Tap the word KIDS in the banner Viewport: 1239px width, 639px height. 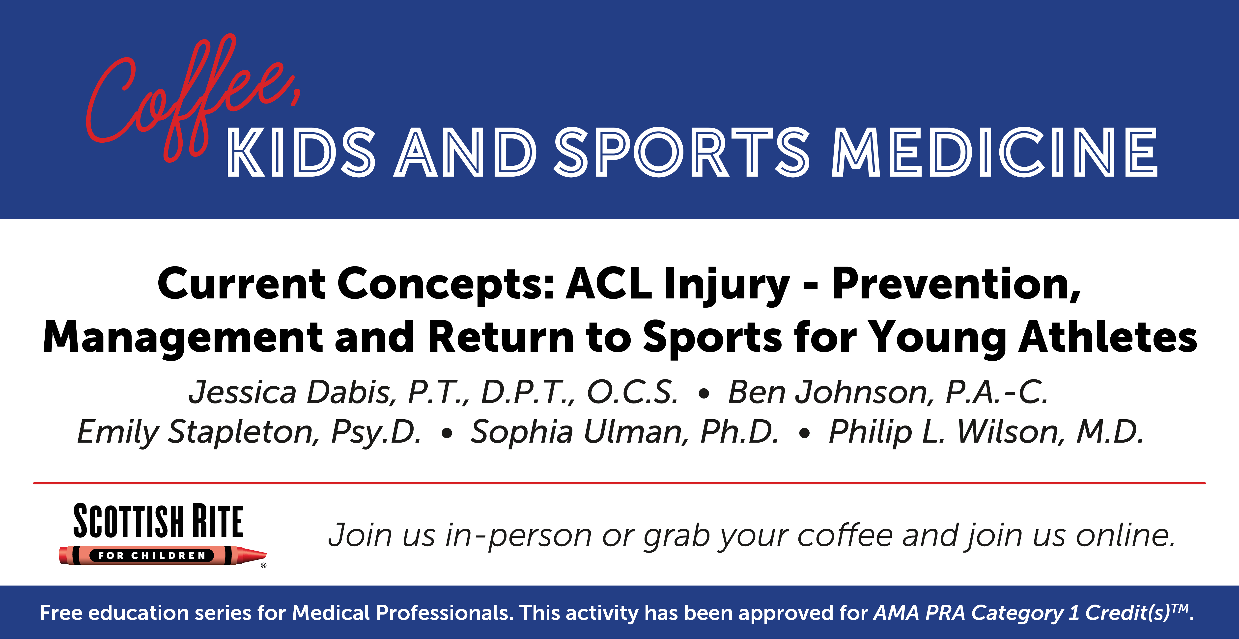click(x=301, y=152)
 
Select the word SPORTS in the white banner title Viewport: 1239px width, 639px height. click(x=682, y=152)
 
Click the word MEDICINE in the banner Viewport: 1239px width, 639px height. click(x=995, y=152)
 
